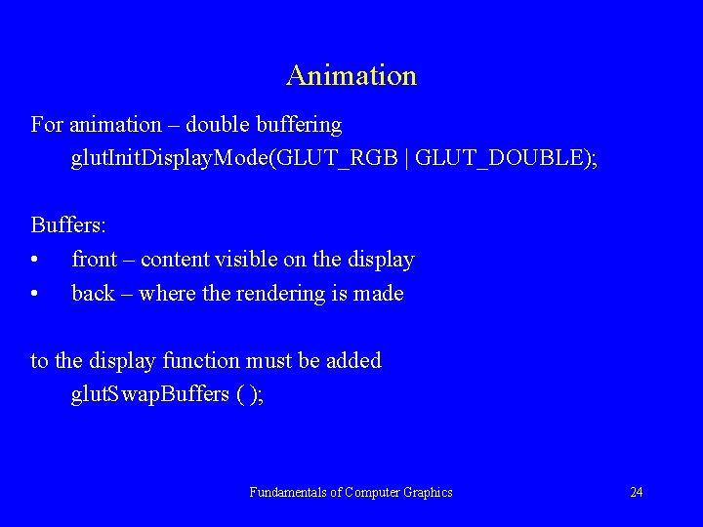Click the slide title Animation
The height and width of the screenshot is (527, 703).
351,75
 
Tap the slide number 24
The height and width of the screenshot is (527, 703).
636,492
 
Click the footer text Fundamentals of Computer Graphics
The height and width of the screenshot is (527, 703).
351,492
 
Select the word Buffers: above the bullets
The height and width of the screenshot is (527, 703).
68,224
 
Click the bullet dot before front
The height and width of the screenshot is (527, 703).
35,261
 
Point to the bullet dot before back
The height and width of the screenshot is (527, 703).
35,294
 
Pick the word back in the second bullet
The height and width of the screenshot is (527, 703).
93,293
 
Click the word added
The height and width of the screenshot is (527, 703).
353,360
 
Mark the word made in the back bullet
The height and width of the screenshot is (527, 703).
379,293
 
